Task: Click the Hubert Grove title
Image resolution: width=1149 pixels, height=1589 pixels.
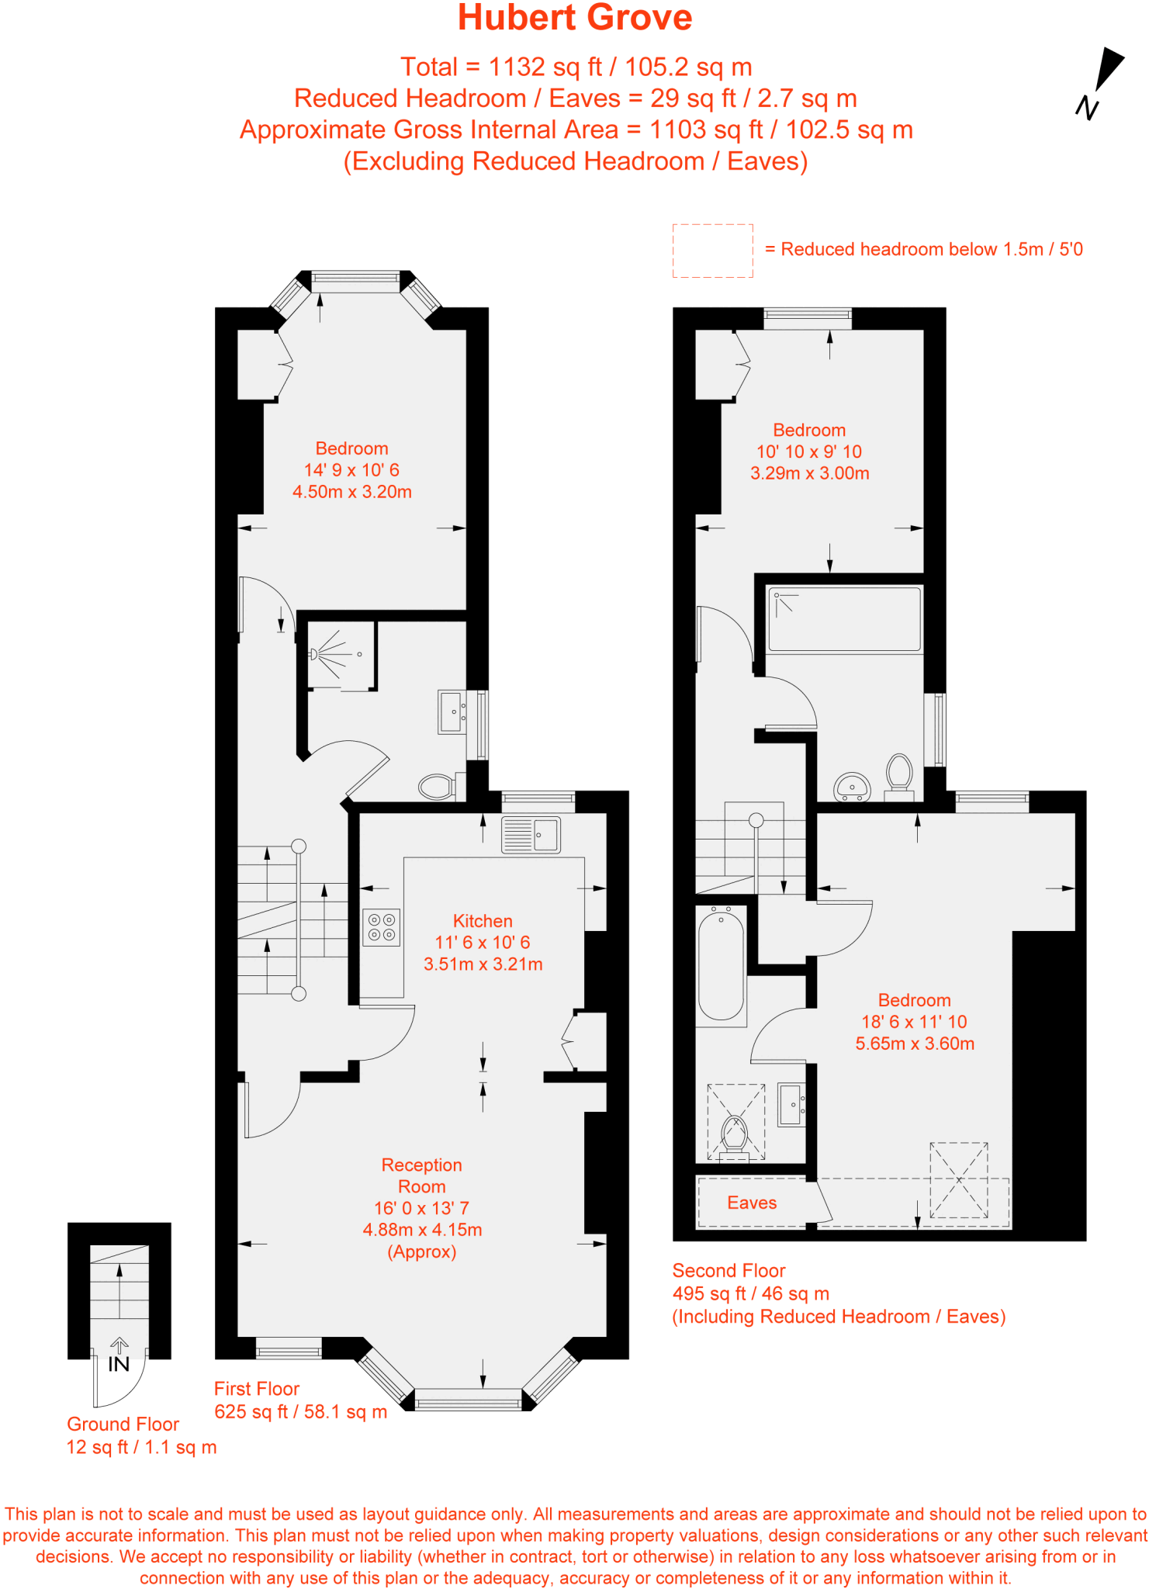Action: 574,18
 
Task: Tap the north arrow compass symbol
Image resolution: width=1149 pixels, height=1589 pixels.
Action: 1102,81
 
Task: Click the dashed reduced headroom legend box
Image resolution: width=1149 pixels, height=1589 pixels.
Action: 712,251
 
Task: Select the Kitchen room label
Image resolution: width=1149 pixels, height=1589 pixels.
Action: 483,921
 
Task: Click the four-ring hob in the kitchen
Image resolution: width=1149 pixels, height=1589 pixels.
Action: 381,927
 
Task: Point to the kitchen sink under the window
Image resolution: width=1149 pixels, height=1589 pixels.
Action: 531,835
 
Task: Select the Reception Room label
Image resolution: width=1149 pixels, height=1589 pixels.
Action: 421,1175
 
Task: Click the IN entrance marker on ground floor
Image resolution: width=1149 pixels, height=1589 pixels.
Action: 119,1363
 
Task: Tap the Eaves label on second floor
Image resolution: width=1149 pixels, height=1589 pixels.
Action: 751,1203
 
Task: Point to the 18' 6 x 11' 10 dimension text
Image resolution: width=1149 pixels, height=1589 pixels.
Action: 914,1022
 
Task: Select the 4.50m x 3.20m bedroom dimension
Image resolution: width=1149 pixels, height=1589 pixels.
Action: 351,492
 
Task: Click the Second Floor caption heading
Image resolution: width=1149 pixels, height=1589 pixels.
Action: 729,1271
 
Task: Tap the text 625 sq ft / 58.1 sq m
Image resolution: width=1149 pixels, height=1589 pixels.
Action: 300,1411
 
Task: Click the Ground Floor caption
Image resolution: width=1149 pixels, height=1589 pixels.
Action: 123,1424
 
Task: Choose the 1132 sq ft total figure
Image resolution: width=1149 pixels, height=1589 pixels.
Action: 545,67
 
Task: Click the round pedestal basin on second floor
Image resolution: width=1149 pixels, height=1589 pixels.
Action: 852,786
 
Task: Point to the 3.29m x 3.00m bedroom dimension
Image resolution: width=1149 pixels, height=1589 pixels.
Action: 809,473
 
